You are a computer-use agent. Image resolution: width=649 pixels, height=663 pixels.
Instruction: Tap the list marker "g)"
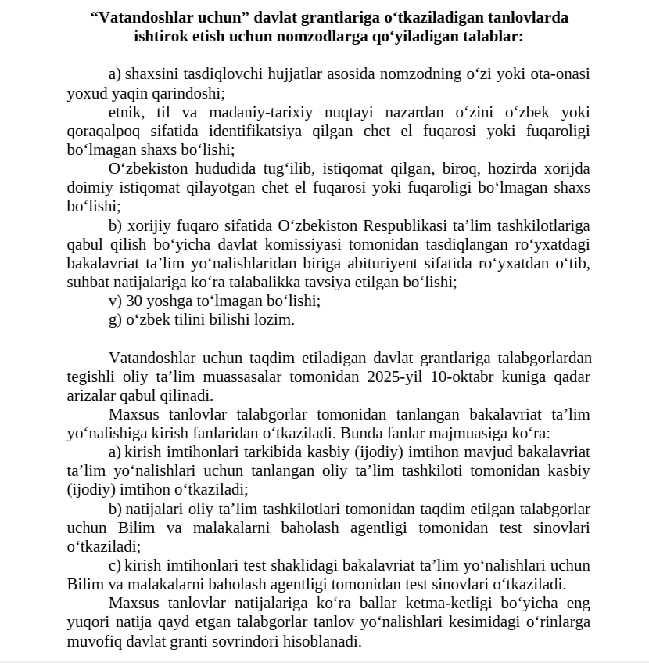pyautogui.click(x=115, y=319)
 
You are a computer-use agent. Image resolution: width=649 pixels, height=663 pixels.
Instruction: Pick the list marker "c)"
pyautogui.click(x=115, y=565)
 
